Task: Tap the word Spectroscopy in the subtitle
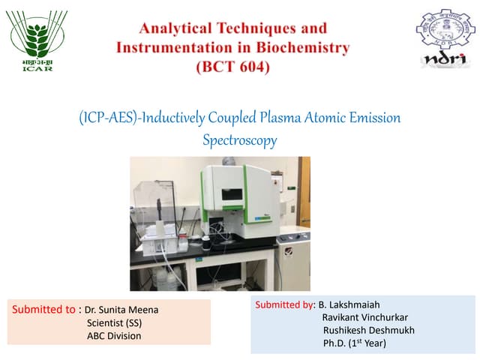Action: coord(240,139)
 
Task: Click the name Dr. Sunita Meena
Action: coord(121,310)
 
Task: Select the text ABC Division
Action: coord(114,336)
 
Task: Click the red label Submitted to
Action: coord(44,309)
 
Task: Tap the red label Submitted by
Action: coord(286,304)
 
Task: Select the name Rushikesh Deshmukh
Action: coord(368,330)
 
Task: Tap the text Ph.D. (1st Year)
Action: coord(355,343)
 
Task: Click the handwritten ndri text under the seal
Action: coord(445,59)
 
